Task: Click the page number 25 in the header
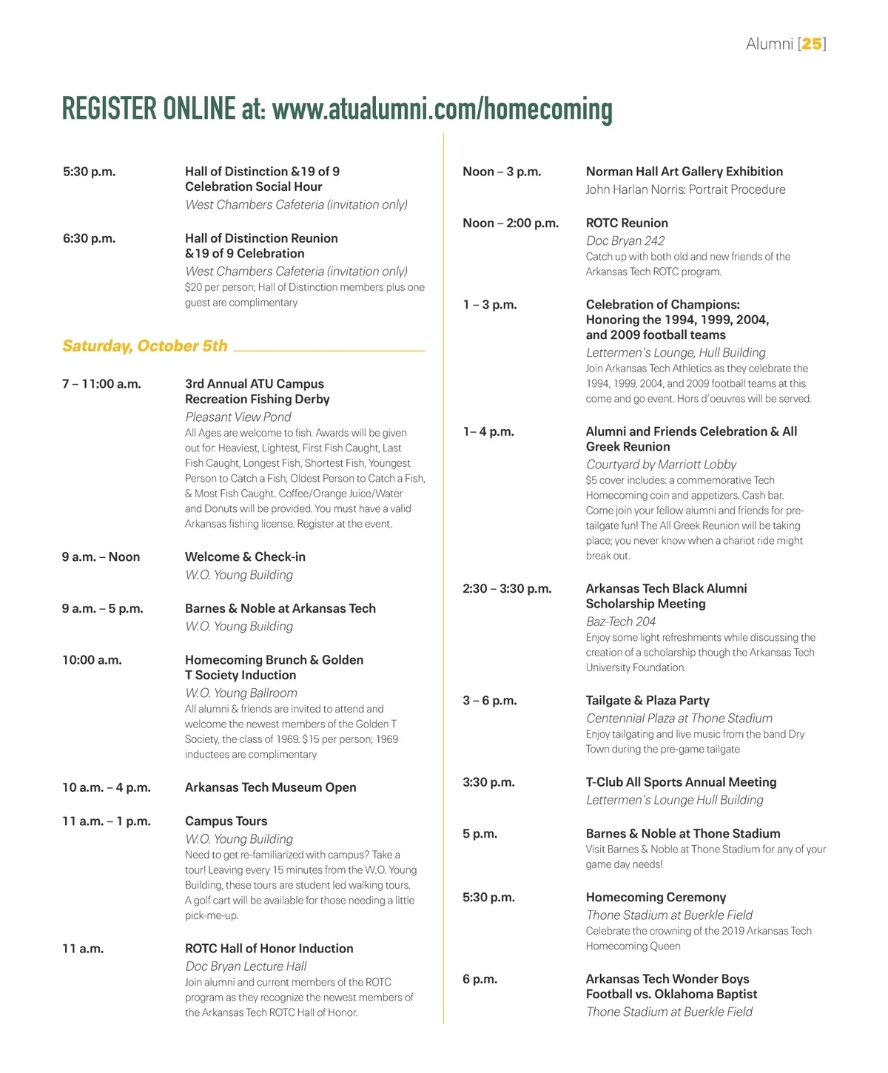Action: click(812, 44)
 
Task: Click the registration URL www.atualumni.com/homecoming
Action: click(442, 110)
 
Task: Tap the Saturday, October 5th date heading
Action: click(145, 346)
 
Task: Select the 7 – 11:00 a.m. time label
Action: click(101, 384)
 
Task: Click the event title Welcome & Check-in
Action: click(245, 557)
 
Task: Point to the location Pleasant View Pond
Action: click(238, 417)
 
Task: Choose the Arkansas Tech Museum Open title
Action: click(270, 788)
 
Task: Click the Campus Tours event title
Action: click(226, 821)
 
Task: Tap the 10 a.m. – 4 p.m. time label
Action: click(106, 788)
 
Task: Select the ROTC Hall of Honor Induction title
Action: click(269, 949)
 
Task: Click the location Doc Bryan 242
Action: click(625, 241)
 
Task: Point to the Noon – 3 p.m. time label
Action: click(502, 172)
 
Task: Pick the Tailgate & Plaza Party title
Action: click(647, 701)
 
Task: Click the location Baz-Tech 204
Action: click(620, 622)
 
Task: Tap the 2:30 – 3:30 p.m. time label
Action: click(507, 589)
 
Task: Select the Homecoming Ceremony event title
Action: click(656, 898)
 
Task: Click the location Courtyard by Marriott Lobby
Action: click(661, 465)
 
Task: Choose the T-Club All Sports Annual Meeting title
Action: click(681, 782)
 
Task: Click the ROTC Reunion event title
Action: click(627, 223)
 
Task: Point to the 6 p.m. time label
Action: click(480, 980)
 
